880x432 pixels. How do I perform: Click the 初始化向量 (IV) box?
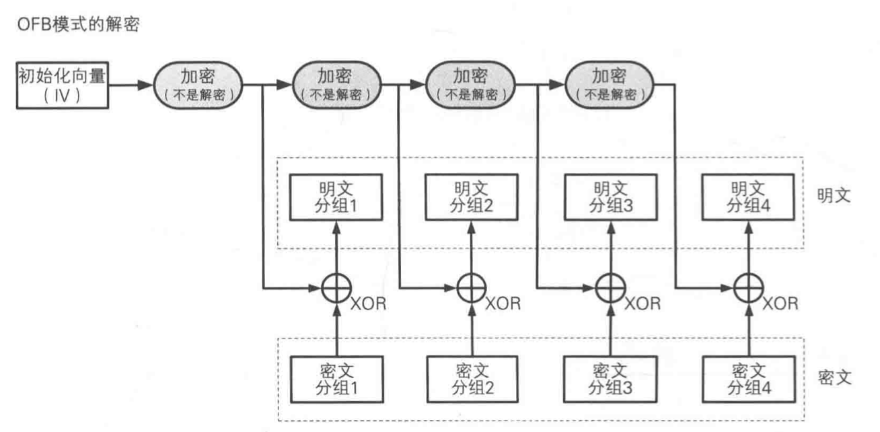pos(61,85)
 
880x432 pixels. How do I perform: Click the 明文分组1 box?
pos(334,197)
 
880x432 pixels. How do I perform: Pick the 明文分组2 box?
pos(470,197)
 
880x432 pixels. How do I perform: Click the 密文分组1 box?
pos(334,379)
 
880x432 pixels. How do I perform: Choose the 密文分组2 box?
pos(470,379)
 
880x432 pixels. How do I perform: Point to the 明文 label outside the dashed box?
pos(836,196)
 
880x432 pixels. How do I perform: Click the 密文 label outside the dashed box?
pos(836,376)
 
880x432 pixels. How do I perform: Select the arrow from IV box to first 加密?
pos(132,85)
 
